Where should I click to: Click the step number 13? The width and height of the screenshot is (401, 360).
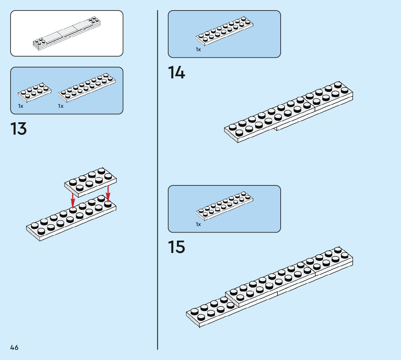(x=18, y=129)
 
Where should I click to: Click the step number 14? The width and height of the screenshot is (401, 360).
(x=176, y=73)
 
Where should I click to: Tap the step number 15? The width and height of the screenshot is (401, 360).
(x=176, y=247)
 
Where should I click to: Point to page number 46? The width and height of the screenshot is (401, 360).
(x=14, y=348)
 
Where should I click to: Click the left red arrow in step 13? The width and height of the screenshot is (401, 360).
(x=73, y=200)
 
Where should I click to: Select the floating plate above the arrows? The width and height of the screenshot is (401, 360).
(x=90, y=180)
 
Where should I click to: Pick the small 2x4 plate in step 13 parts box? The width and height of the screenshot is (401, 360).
(x=34, y=92)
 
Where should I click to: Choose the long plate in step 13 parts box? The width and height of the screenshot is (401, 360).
(x=87, y=87)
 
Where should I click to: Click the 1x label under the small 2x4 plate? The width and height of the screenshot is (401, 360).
(x=21, y=106)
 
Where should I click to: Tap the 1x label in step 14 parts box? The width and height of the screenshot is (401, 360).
(x=198, y=49)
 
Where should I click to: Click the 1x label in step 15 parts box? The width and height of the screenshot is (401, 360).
(x=198, y=224)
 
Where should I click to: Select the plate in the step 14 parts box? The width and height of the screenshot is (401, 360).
(x=224, y=32)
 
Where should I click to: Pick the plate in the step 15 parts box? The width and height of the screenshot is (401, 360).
(x=224, y=206)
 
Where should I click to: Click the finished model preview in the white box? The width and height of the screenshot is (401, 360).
(x=67, y=34)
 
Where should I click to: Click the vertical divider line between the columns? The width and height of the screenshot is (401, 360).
(x=158, y=181)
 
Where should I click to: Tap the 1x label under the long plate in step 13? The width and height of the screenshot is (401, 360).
(x=61, y=106)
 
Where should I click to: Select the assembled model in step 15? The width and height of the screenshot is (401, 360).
(x=269, y=287)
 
